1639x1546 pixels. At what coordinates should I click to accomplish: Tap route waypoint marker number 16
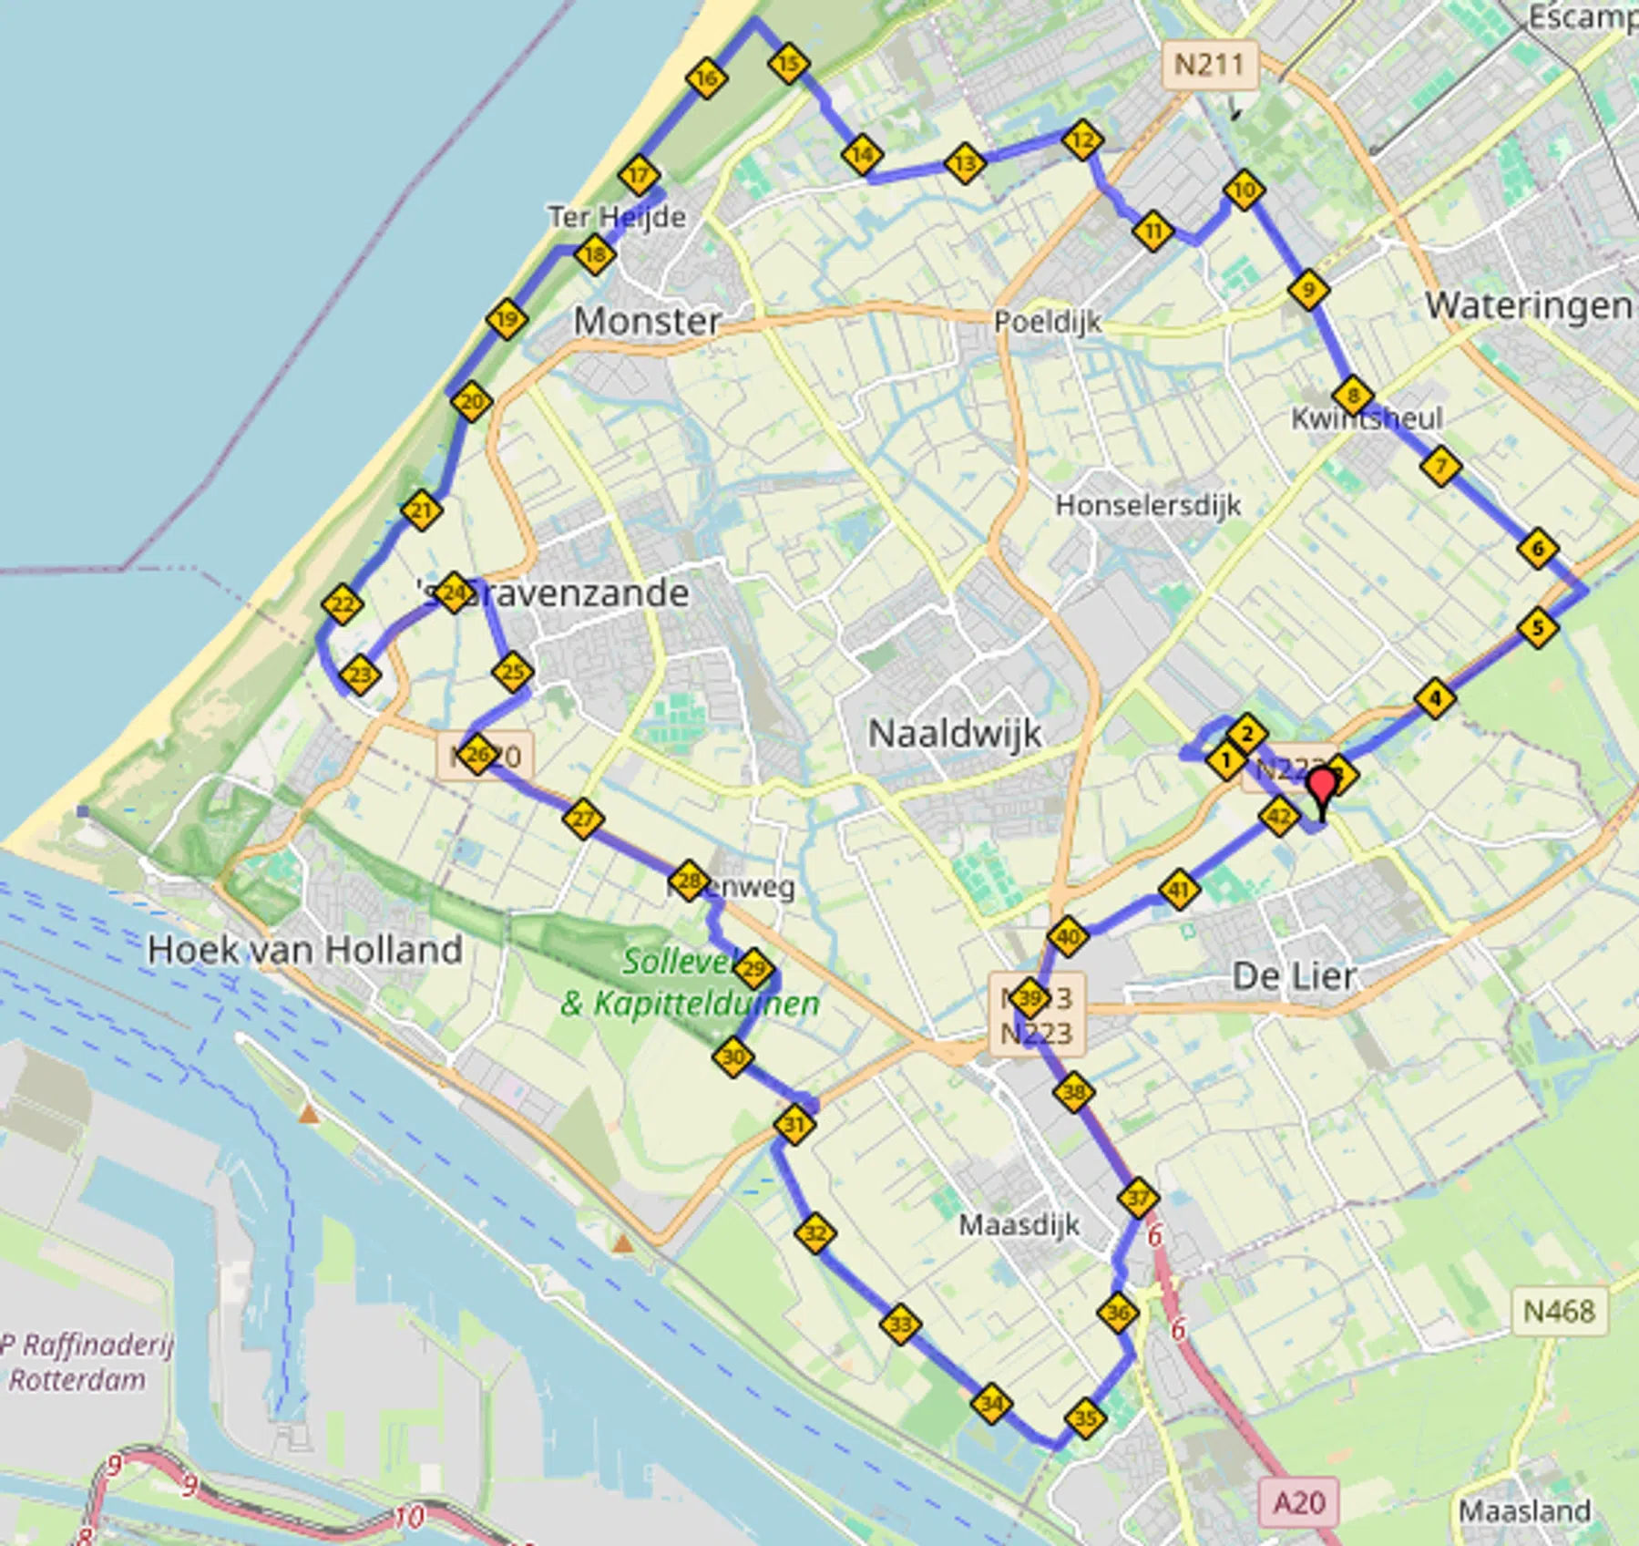tap(706, 78)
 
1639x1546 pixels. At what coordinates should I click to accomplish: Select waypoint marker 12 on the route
tap(1082, 140)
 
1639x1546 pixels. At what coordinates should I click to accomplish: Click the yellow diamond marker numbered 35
tap(1085, 1418)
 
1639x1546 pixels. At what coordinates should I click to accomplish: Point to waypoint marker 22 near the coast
tap(343, 604)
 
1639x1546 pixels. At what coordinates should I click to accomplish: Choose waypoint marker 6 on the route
tap(1538, 549)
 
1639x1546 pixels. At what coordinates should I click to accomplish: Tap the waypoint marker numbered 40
tap(1068, 936)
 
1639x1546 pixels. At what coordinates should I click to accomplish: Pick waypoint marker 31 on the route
tap(794, 1124)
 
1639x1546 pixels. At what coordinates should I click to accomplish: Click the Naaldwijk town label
tap(954, 734)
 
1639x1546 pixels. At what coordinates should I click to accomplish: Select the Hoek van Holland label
tap(305, 950)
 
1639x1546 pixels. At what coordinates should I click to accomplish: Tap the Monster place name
tap(647, 321)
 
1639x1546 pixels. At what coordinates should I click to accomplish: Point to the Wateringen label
tap(1528, 306)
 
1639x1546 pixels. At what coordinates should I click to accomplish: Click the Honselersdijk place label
tap(1147, 504)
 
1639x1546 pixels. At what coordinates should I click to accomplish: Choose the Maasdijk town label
tap(1019, 1224)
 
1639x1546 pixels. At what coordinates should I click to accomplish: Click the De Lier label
tap(1293, 976)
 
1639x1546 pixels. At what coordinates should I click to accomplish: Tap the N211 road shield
tap(1209, 65)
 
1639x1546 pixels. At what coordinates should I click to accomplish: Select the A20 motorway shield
tap(1298, 1502)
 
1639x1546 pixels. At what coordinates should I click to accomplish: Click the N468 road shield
tap(1559, 1311)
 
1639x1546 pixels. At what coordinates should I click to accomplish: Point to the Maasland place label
tap(1524, 1510)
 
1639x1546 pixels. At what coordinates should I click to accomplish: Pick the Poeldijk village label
tap(1047, 322)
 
